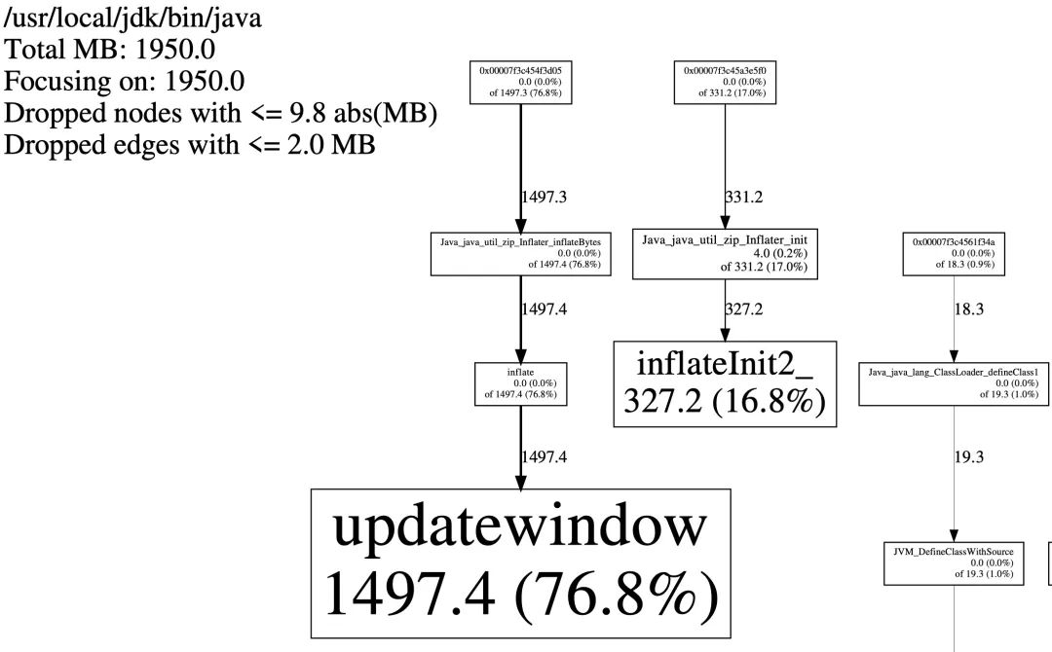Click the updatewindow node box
click(x=520, y=562)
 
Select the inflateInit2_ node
click(x=725, y=384)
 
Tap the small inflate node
click(x=520, y=384)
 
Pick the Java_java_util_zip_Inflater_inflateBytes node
click(x=520, y=254)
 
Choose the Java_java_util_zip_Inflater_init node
click(x=725, y=254)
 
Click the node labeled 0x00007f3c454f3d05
click(x=520, y=83)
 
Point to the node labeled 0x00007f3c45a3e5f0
click(x=725, y=83)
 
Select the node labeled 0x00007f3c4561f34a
click(x=954, y=254)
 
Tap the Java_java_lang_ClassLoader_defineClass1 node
click(x=954, y=384)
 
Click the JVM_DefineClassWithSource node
click(x=954, y=563)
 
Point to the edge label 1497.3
click(x=545, y=197)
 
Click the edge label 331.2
click(x=744, y=197)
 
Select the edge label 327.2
click(x=744, y=308)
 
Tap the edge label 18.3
click(x=969, y=308)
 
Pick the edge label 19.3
click(x=969, y=457)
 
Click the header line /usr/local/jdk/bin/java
click(x=132, y=18)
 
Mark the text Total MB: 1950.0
click(x=109, y=50)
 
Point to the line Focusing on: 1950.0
click(x=124, y=81)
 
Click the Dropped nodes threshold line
click(x=221, y=113)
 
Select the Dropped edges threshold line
click(x=190, y=145)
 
